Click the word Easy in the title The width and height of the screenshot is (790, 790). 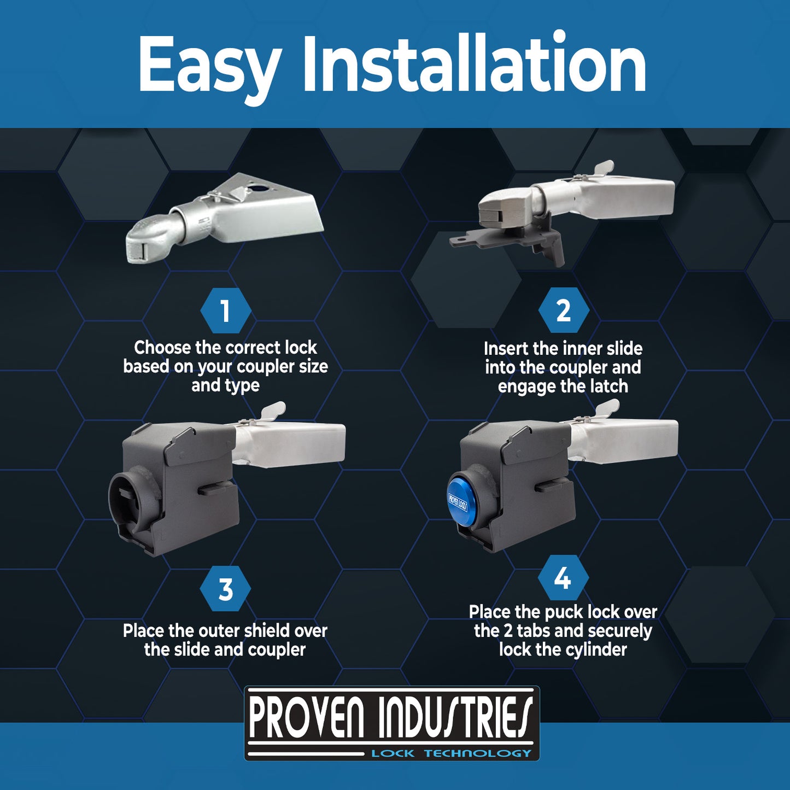(x=209, y=66)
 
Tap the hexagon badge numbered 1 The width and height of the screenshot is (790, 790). (x=225, y=311)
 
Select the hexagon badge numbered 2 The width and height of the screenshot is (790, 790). (x=563, y=311)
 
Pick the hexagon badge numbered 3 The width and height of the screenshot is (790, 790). (x=225, y=589)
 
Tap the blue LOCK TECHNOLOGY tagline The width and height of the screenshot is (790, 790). (x=451, y=753)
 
